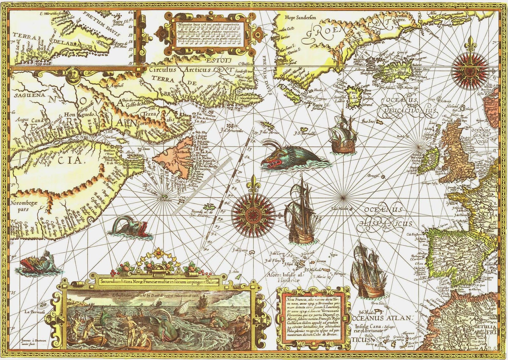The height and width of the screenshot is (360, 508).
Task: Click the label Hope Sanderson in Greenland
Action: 300,18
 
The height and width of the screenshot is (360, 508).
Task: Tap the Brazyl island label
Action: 374,176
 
